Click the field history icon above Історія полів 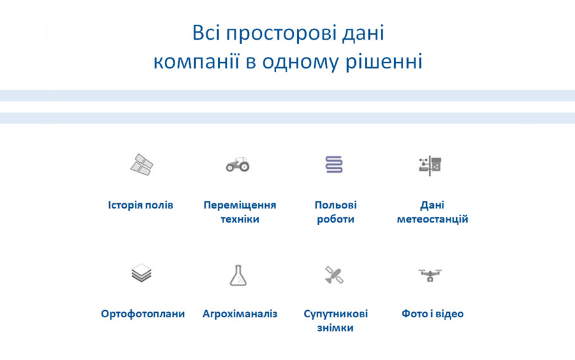(141, 165)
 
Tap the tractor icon (238, 165)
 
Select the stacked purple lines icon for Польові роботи (334, 165)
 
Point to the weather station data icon (431, 165)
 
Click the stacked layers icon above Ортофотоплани (141, 274)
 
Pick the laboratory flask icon (238, 275)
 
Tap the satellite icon (334, 275)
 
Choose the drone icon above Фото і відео (431, 275)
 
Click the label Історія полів (141, 205)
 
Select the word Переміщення (240, 205)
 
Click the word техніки (240, 219)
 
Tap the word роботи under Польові (335, 219)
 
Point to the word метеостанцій (433, 219)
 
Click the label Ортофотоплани (142, 314)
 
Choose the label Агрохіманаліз (240, 314)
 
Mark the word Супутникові (335, 314)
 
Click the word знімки (335, 328)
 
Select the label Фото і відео (433, 314)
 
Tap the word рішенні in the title (387, 63)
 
